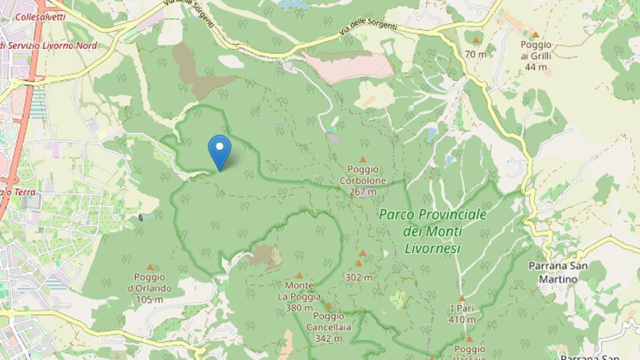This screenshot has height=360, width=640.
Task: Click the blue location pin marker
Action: [219, 150]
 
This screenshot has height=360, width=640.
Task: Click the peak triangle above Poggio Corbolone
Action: [363, 159]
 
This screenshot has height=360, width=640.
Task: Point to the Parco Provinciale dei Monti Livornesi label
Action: [432, 231]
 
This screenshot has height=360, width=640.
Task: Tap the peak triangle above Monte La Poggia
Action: [299, 275]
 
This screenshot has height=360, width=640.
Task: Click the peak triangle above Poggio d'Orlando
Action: [149, 267]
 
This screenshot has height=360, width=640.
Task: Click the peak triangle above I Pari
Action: [462, 298]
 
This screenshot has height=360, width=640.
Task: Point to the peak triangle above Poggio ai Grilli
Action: [535, 35]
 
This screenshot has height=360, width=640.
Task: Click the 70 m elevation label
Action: [475, 54]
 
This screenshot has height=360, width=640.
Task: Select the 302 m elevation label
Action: [358, 277]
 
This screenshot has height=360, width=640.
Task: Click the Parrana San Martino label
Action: [557, 272]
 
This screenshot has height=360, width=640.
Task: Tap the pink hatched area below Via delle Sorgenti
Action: [349, 66]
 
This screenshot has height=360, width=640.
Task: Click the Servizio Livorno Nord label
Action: [50, 46]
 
